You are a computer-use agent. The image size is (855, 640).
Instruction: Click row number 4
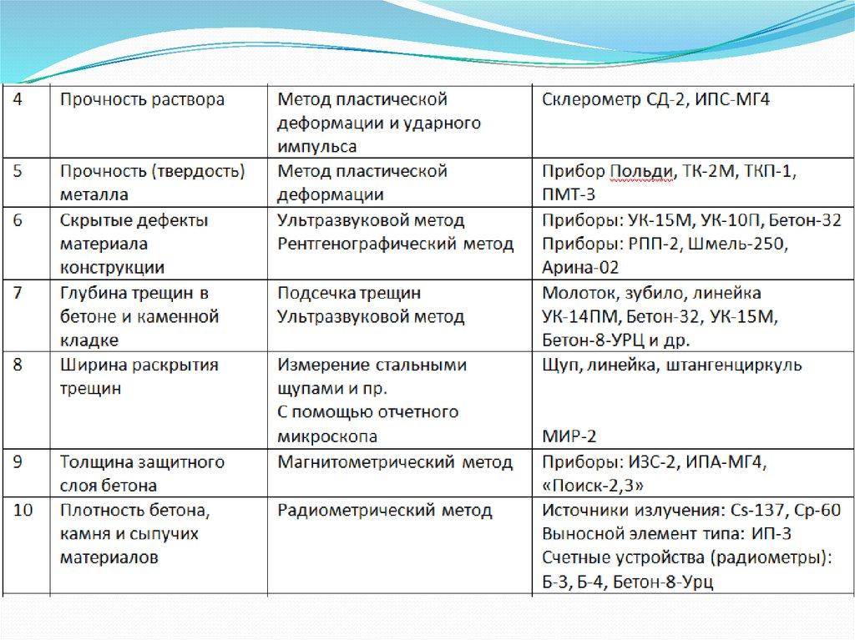19,100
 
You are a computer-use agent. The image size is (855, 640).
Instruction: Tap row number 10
23,511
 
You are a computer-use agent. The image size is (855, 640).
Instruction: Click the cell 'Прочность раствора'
141,100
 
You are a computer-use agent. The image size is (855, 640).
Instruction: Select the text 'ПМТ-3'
569,195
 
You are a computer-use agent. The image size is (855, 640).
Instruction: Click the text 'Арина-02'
580,268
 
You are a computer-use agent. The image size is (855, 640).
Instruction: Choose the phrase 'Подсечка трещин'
349,293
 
